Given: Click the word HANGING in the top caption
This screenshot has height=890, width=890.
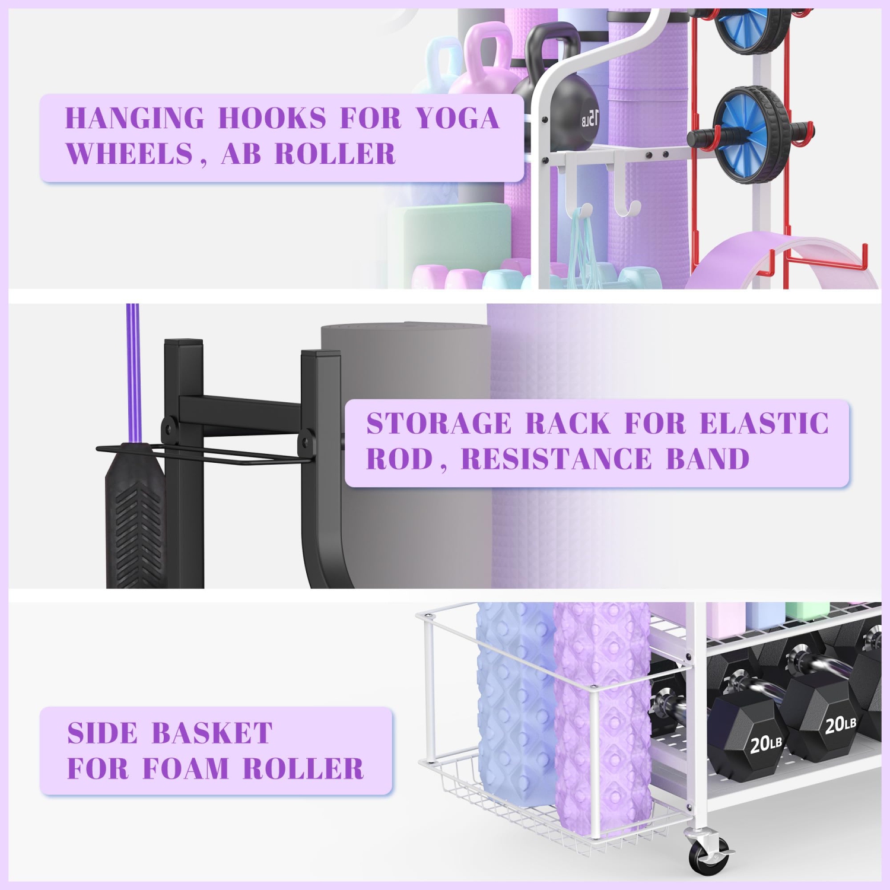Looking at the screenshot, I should pyautogui.click(x=135, y=118).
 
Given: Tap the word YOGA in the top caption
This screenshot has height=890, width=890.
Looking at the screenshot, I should pyautogui.click(x=457, y=118).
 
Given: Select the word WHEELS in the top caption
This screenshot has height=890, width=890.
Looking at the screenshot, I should pyautogui.click(x=129, y=154).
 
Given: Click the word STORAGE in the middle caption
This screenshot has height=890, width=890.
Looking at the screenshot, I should pyautogui.click(x=438, y=424).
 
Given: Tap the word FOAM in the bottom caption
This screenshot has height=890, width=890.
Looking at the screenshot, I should pyautogui.click(x=186, y=769).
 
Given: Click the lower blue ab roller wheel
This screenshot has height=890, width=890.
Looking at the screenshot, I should pyautogui.click(x=751, y=135).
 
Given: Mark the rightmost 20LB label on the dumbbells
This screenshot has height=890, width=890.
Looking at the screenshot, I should pyautogui.click(x=840, y=723).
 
